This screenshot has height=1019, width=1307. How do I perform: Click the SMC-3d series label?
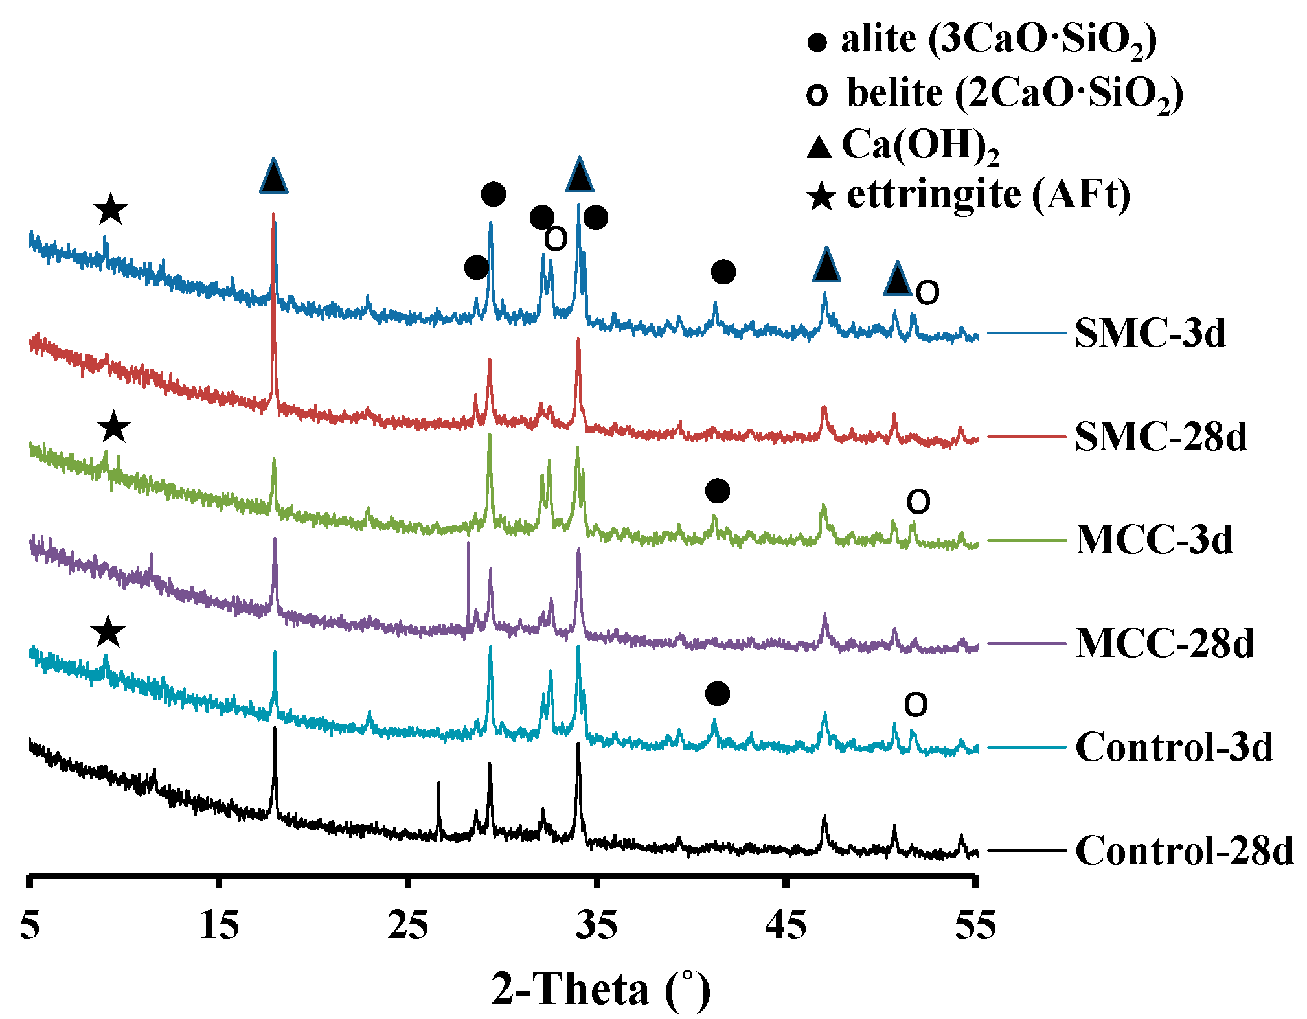[1150, 334]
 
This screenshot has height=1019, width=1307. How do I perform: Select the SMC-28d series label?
[1161, 437]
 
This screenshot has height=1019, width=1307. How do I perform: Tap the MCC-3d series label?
[1154, 540]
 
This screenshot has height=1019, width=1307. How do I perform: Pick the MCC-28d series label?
[1165, 644]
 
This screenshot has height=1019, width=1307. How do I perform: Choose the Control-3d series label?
[1174, 748]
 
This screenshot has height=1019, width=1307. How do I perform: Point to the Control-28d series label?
[1185, 851]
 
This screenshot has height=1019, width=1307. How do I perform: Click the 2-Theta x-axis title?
[600, 989]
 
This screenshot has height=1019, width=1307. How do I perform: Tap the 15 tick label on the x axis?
[220, 925]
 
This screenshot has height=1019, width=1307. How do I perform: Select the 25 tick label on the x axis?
[408, 925]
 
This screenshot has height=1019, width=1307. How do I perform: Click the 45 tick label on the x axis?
[786, 925]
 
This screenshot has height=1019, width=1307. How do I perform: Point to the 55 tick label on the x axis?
[975, 925]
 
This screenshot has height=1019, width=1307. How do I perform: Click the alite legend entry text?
[998, 41]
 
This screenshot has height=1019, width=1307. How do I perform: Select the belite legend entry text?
[1014, 94]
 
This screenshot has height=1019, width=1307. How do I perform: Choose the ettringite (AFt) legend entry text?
[988, 194]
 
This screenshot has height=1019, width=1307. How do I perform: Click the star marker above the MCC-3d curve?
[114, 427]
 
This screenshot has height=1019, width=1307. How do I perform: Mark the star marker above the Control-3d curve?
[108, 631]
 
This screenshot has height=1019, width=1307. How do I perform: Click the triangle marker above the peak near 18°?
[273, 176]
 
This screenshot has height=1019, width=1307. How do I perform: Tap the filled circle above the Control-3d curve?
[717, 694]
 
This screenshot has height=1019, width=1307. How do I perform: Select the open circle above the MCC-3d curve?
[918, 501]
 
